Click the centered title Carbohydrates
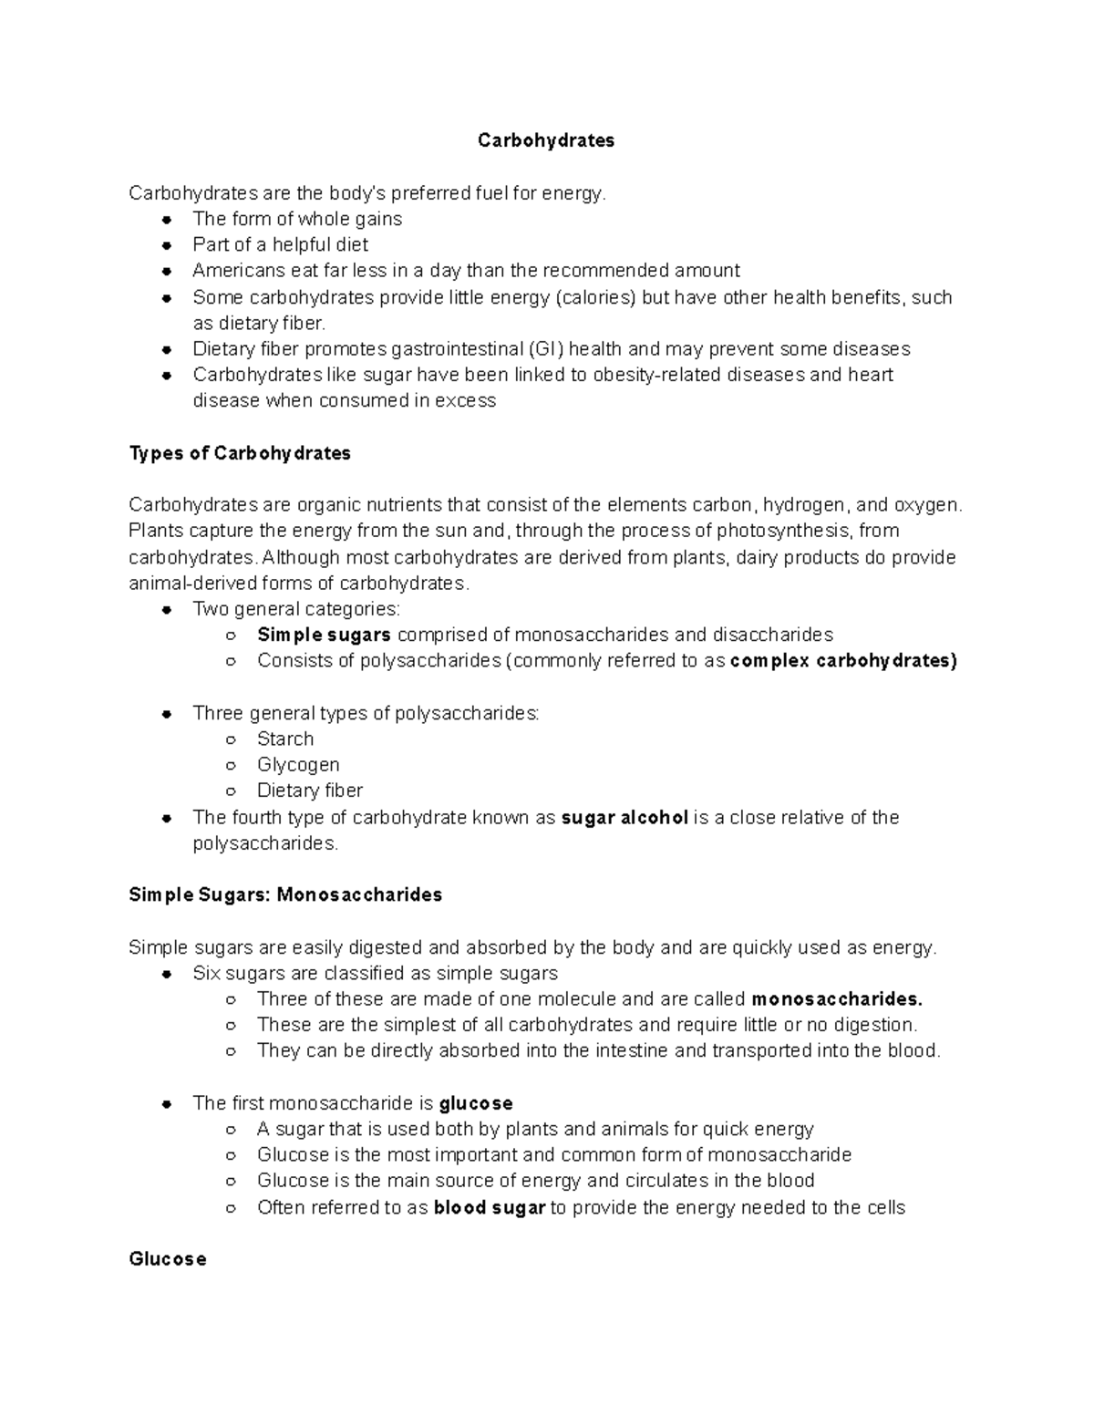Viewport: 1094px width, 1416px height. pos(546,140)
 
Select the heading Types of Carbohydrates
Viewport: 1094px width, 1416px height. pos(240,453)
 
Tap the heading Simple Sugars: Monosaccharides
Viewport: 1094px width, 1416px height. pos(285,894)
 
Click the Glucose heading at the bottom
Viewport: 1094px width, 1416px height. pos(168,1259)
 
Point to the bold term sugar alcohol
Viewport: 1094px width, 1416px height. pos(624,818)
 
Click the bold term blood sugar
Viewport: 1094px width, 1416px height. pos(490,1208)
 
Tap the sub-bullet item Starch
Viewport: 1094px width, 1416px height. pos(285,739)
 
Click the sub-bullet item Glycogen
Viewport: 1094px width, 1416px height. pos(298,765)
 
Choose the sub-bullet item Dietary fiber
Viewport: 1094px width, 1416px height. pos(310,791)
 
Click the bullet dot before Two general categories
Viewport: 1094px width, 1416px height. pos(167,610)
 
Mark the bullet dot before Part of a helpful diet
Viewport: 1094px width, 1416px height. pos(167,245)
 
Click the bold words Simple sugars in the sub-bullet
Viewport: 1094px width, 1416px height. pos(324,635)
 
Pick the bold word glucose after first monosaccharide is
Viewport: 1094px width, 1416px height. pos(476,1103)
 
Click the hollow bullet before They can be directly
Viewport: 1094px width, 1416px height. pos(232,1051)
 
